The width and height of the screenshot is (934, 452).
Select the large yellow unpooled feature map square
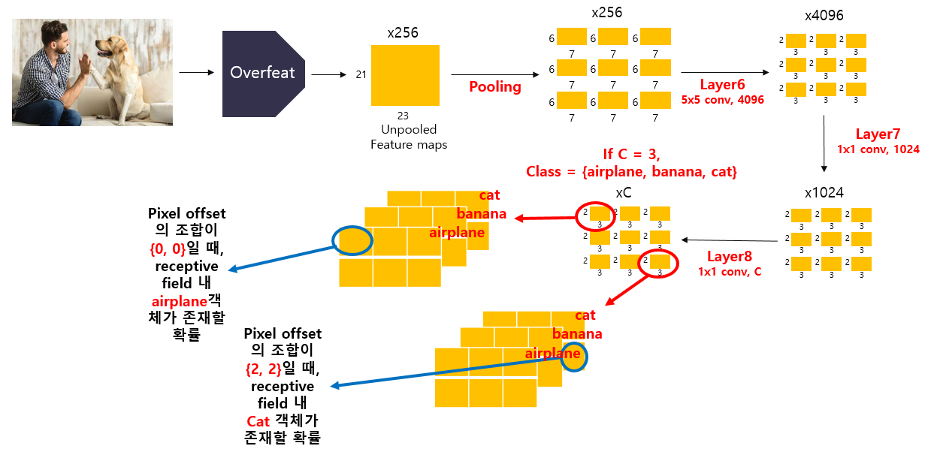[x=405, y=75]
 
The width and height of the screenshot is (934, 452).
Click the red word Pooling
[x=495, y=87]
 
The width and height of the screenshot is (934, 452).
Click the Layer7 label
[x=877, y=134]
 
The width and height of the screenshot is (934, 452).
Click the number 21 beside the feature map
[x=361, y=74]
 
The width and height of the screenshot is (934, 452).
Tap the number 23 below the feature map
[x=403, y=116]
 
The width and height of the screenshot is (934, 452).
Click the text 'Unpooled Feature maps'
[x=408, y=137]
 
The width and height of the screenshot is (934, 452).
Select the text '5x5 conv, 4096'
[x=722, y=99]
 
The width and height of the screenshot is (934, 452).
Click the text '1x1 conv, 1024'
[x=878, y=149]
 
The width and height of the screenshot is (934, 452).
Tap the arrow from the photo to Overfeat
[x=196, y=73]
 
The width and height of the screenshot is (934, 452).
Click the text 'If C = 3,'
[x=630, y=155]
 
